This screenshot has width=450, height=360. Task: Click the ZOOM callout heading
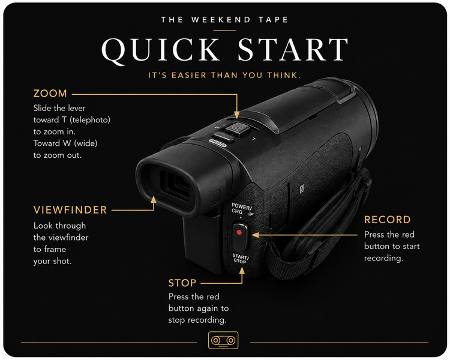(x=50, y=94)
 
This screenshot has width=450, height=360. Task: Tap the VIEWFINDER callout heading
(x=70, y=210)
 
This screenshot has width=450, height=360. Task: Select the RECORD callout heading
(x=387, y=220)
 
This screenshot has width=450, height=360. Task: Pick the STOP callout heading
(x=182, y=283)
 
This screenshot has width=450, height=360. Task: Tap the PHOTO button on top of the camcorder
(x=218, y=143)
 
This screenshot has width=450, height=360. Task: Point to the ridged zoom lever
(x=238, y=128)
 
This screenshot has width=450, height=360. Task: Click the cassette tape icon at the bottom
(x=223, y=340)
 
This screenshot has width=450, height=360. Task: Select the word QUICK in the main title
(x=160, y=50)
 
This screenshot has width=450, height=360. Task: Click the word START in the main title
(x=293, y=50)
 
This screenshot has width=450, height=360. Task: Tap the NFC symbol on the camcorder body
(x=302, y=188)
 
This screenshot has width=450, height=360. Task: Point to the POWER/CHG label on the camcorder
(x=241, y=209)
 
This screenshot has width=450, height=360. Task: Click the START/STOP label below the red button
(x=240, y=259)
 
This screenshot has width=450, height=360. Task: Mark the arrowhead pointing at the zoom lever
(x=236, y=115)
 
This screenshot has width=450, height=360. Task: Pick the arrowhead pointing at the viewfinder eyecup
(x=154, y=200)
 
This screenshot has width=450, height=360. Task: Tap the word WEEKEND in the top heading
(x=221, y=20)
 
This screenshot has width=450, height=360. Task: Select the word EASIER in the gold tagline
(x=188, y=76)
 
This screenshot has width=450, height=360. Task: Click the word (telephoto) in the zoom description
(x=90, y=120)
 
